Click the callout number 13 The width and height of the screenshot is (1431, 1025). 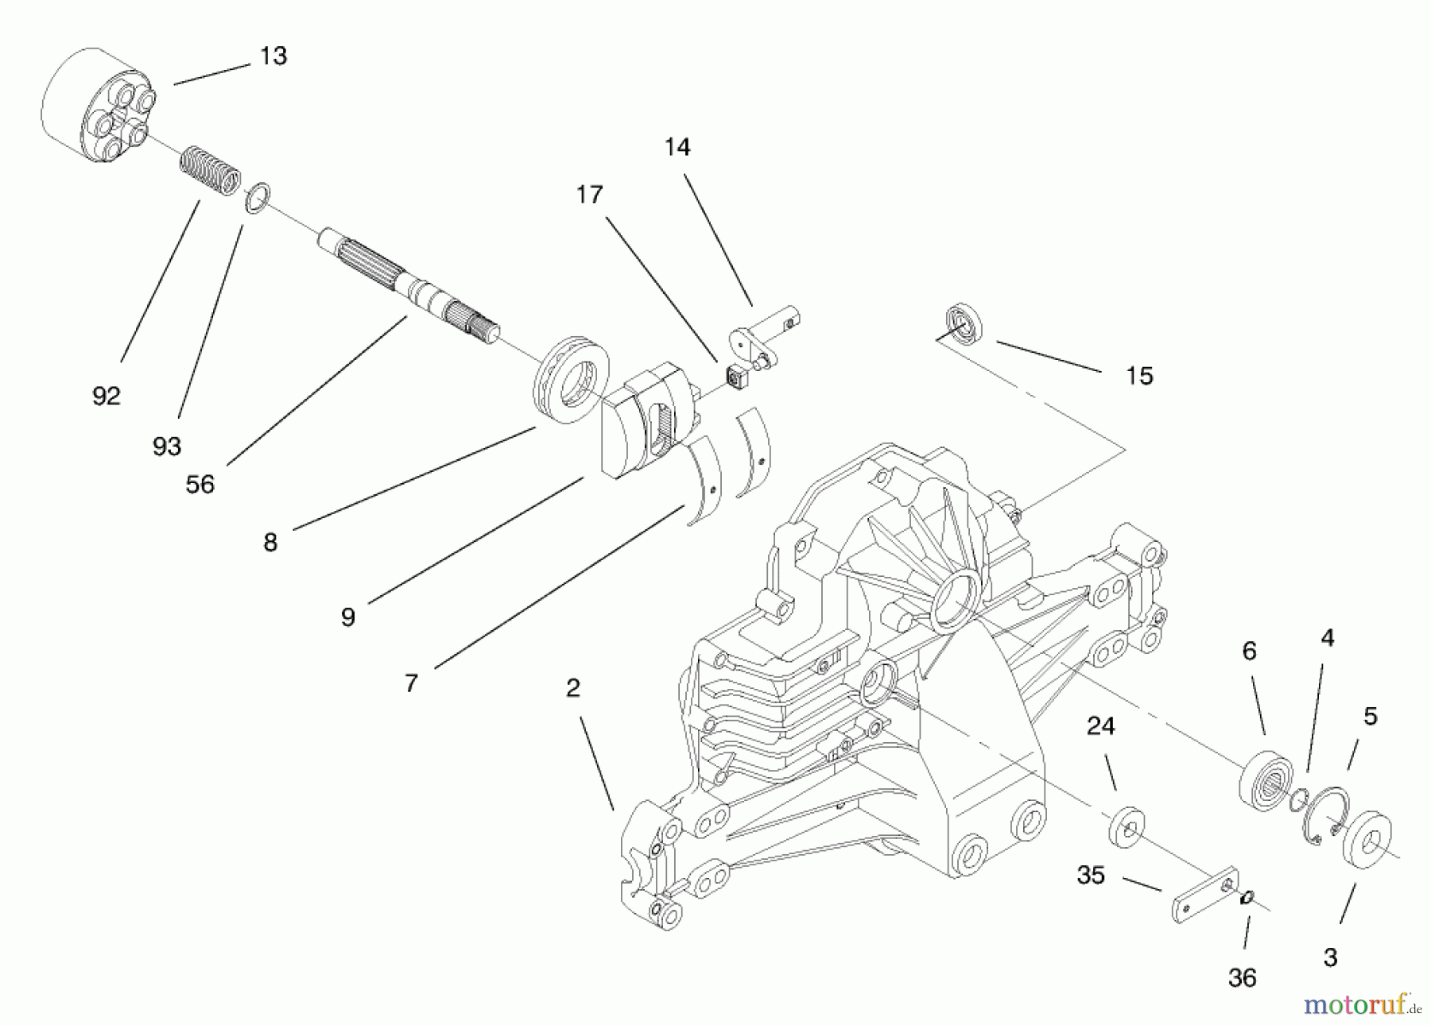(x=273, y=56)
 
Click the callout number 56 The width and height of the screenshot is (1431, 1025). (x=200, y=484)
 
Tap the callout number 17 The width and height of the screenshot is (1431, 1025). (x=589, y=195)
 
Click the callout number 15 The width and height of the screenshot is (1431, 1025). (x=1138, y=376)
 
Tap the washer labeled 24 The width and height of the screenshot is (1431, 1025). (x=1127, y=827)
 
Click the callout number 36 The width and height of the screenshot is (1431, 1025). (x=1242, y=978)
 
